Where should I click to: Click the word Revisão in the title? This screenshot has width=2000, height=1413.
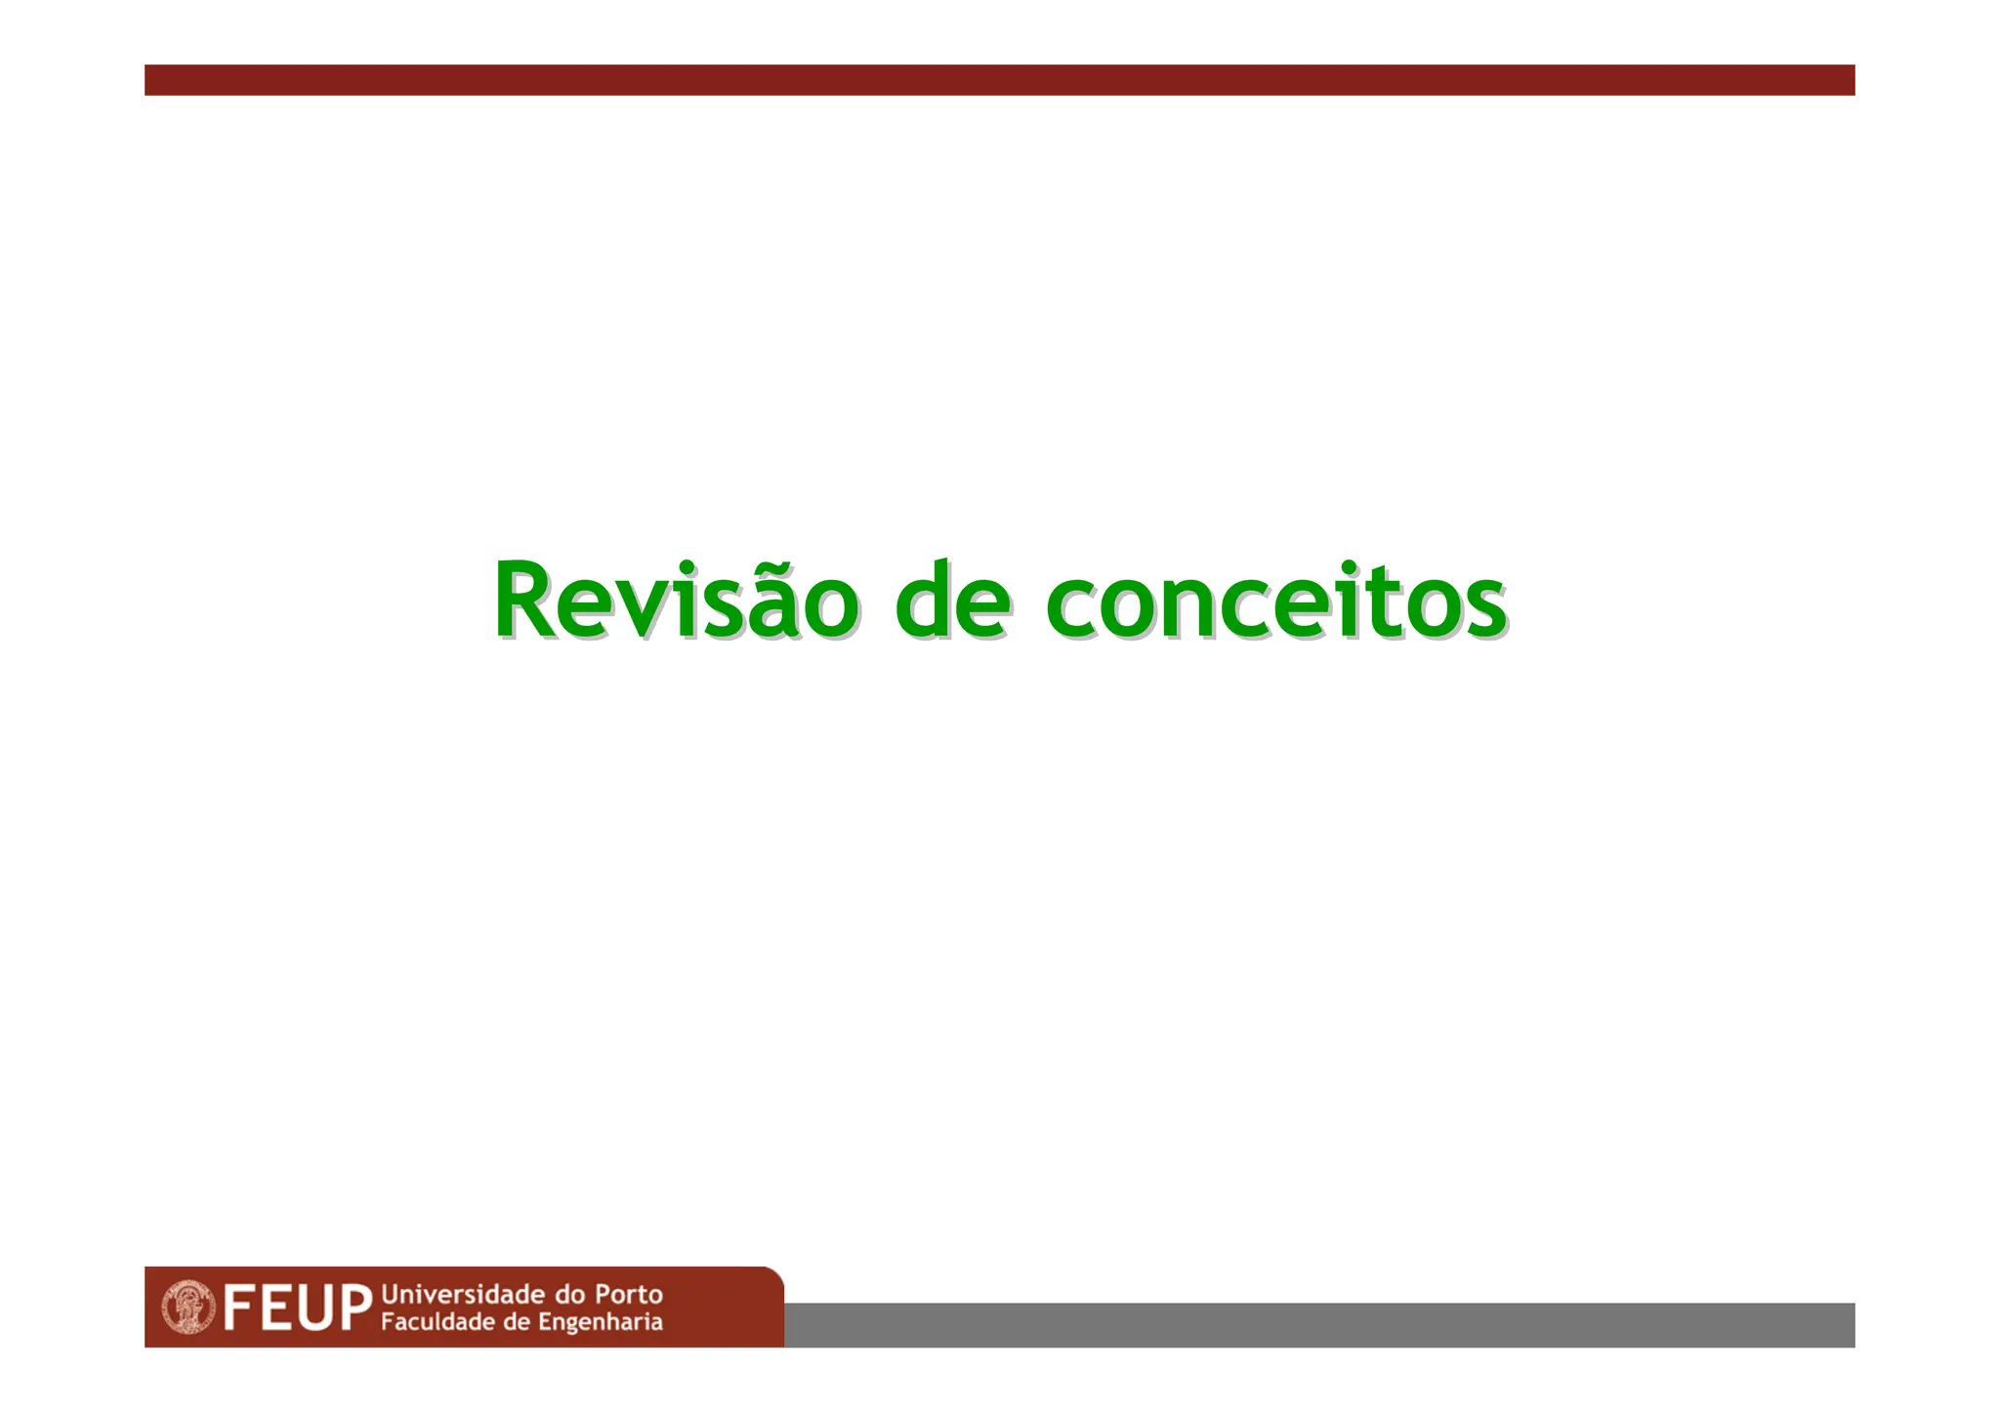pos(676,602)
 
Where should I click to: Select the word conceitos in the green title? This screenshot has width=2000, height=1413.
pos(1275,602)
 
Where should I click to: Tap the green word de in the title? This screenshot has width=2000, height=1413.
pos(952,602)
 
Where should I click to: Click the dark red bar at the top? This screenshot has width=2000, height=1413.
pos(999,80)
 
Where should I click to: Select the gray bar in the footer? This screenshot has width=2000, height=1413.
pos(1318,1325)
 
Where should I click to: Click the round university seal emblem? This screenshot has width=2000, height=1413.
pos(188,1307)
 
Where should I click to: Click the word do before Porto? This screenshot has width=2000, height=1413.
pos(569,1295)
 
